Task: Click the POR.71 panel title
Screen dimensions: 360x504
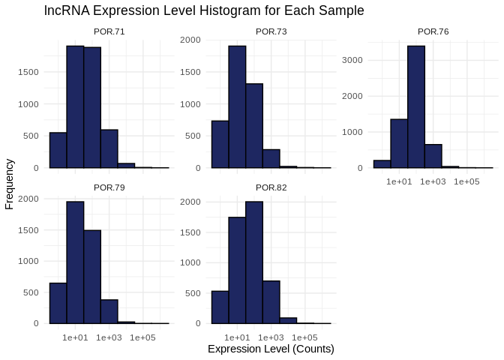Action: [x=109, y=31]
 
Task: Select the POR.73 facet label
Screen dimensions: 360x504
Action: [x=271, y=31]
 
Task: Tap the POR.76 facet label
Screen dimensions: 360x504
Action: [x=433, y=31]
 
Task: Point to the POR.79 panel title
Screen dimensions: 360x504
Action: [x=109, y=187]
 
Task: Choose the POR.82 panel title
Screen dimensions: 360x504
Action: [x=271, y=187]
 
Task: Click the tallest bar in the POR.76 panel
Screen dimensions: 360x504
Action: [x=415, y=106]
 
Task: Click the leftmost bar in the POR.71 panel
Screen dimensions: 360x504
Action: [x=58, y=150]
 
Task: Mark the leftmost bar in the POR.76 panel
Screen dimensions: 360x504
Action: [x=382, y=163]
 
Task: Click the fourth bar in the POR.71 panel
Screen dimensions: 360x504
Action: [x=109, y=148]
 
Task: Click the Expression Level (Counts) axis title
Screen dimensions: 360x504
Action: [x=271, y=349]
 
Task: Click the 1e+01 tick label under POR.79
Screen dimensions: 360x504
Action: [x=75, y=337]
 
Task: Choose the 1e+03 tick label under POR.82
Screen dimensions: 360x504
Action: [x=271, y=337]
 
